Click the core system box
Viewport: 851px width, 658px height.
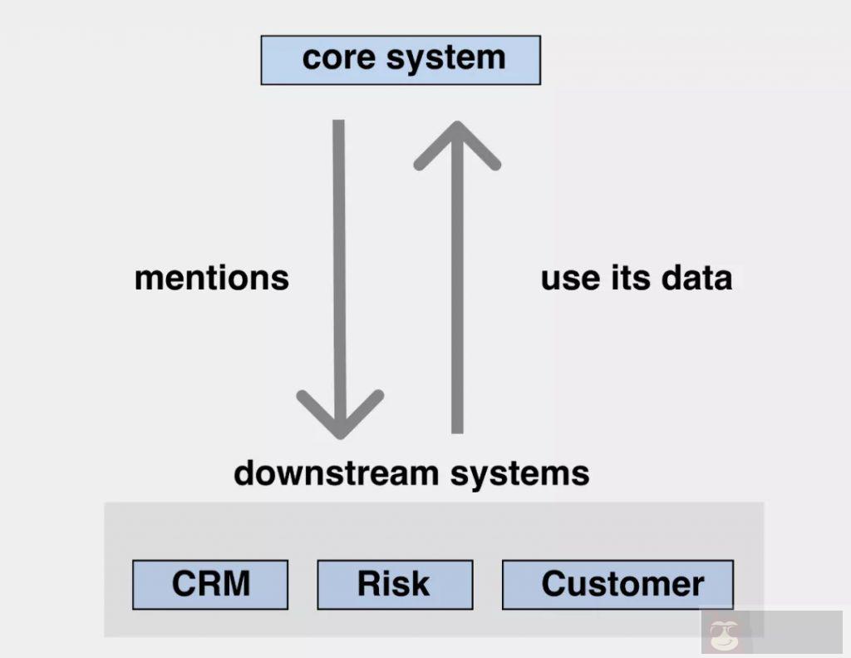401,60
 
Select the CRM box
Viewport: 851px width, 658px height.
210,584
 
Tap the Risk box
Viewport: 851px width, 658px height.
395,584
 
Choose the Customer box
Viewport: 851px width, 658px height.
617,584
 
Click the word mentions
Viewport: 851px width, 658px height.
211,278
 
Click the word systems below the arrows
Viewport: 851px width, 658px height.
519,474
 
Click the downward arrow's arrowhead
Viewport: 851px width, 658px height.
340,416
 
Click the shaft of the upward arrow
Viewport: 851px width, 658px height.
456,299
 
